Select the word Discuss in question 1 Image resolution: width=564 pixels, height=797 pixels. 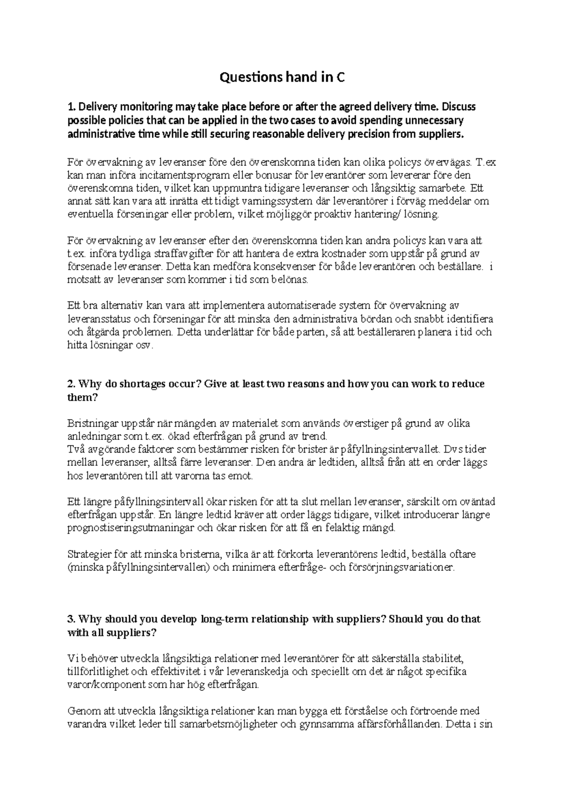click(459, 107)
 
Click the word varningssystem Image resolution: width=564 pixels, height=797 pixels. click(277, 202)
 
